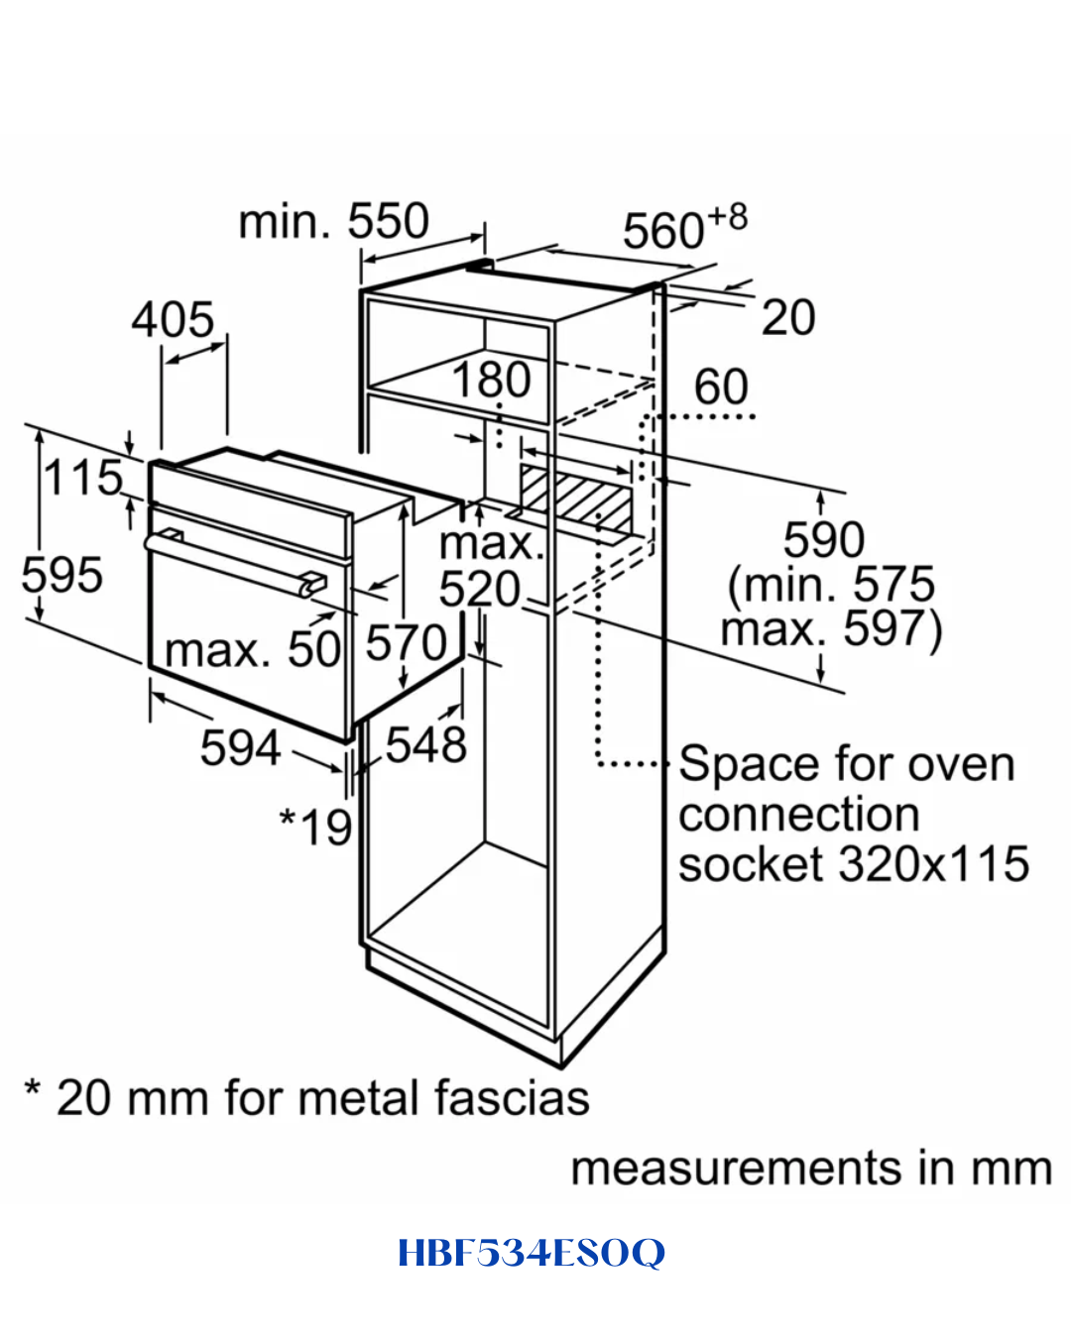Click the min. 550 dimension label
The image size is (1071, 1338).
coord(334,221)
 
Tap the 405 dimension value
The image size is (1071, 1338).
coord(173,320)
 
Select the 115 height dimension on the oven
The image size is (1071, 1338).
coord(83,478)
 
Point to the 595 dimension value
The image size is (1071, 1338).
coord(62,575)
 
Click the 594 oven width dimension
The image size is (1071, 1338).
coord(240,747)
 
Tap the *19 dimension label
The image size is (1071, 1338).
coord(316,827)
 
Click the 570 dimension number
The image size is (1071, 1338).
coord(407,643)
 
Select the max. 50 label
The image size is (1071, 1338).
coord(253,650)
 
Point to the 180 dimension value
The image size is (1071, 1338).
coord(492,380)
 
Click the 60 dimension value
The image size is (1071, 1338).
coord(721,387)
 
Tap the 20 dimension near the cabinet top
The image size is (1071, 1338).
coord(787,317)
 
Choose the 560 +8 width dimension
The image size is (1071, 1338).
coord(685,226)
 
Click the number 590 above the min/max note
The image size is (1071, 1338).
coord(824,539)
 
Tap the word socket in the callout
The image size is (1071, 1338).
coord(751,864)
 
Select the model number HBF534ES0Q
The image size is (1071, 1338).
coord(533,1253)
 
